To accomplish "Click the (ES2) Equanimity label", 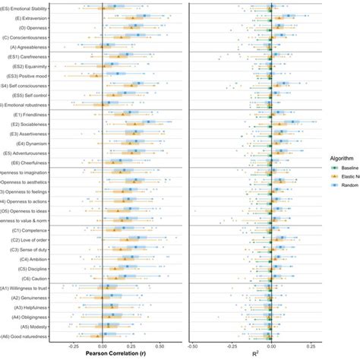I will click(x=24, y=66).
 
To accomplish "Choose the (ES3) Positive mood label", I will click(x=23, y=76).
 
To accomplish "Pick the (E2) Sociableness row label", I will click(x=24, y=124).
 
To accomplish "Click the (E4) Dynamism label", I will click(x=27, y=143).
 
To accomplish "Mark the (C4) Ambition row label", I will click(x=27, y=258).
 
